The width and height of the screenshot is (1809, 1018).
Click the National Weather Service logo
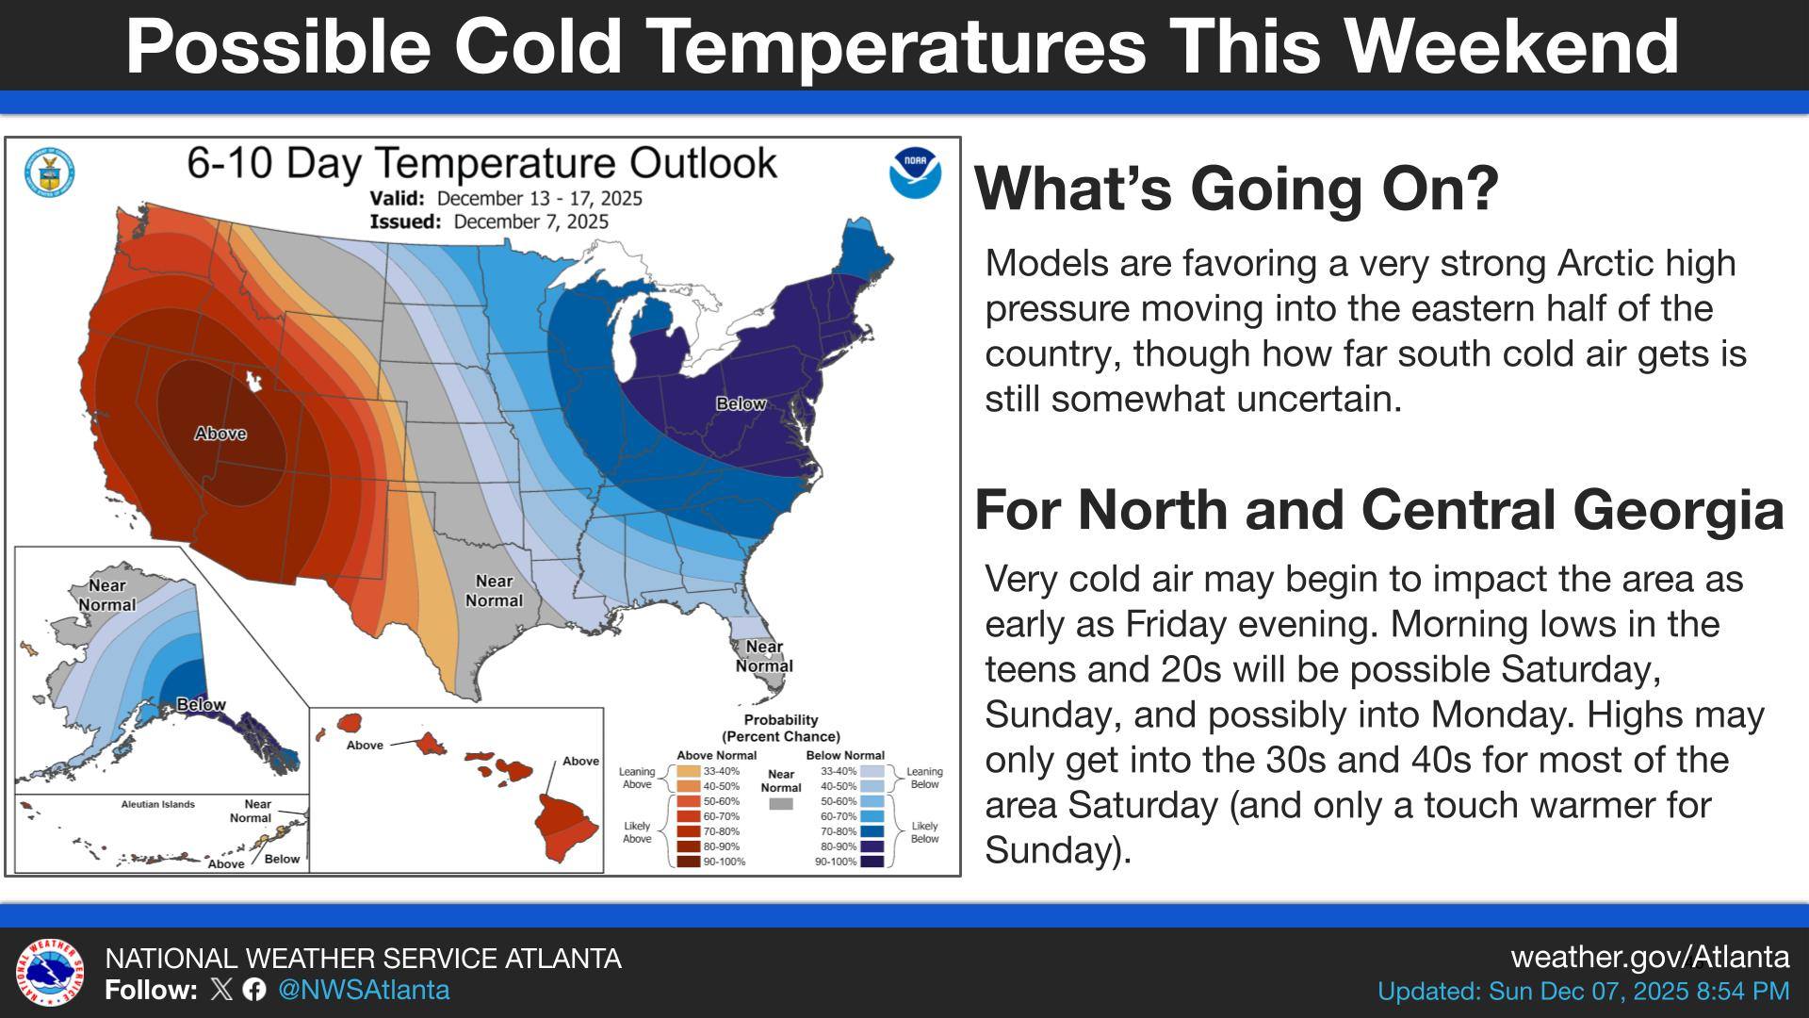tap(50, 973)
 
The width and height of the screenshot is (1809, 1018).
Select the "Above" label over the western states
tap(220, 434)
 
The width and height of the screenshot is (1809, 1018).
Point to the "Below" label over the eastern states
tap(741, 403)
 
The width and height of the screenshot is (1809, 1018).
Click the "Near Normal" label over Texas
tap(494, 591)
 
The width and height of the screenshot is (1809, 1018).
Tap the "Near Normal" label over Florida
tap(764, 656)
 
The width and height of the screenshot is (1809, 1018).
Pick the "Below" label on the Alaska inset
tap(201, 704)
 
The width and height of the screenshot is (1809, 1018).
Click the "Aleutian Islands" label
tap(158, 804)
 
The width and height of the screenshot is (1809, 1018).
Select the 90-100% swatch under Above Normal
tap(689, 862)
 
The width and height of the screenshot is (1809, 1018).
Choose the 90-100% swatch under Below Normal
tap(872, 862)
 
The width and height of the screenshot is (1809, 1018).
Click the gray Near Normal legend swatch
tap(781, 804)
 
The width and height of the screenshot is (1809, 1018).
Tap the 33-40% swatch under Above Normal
tap(689, 771)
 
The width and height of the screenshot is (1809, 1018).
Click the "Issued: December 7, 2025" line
tap(489, 222)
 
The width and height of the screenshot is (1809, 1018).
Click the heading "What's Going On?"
tap(1236, 188)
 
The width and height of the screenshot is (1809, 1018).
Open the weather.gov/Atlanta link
tap(1650, 957)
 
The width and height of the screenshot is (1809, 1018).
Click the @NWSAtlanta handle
tap(364, 990)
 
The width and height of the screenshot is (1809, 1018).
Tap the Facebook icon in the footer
tap(253, 989)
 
